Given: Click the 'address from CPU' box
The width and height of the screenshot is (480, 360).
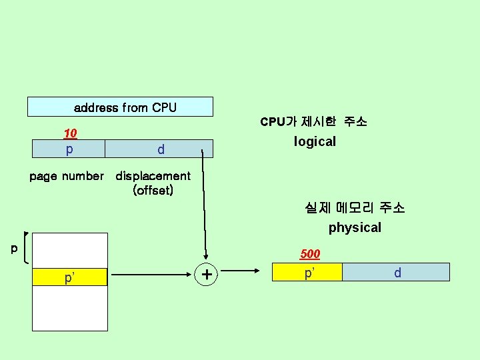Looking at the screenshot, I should coord(120,107).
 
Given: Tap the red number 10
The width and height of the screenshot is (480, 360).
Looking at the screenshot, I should coord(70,133).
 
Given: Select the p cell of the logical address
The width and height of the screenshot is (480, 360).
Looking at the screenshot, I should coord(69,149).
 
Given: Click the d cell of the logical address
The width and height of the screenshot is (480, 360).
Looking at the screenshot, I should coord(160,149).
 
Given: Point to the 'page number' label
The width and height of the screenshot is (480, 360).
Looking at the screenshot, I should coord(67,177).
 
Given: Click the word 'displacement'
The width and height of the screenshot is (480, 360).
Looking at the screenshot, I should coord(153,177).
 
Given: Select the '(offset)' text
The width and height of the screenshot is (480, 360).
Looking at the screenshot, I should coord(153,191).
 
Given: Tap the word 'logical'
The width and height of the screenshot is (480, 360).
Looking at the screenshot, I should coord(315,141).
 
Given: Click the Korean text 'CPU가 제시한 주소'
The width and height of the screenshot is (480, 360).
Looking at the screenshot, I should coord(313,122).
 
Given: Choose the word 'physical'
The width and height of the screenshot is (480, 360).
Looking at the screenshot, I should coord(355,227).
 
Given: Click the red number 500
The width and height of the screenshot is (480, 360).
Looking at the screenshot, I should coord(310,254).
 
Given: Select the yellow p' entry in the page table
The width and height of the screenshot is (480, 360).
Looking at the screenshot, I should coord(70,277).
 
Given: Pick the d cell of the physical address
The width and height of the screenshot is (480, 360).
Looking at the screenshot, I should coord(397,273).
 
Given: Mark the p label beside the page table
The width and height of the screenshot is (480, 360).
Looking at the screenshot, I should coord(14,249).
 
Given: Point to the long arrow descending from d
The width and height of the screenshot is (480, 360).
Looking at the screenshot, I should coord(203,207).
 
